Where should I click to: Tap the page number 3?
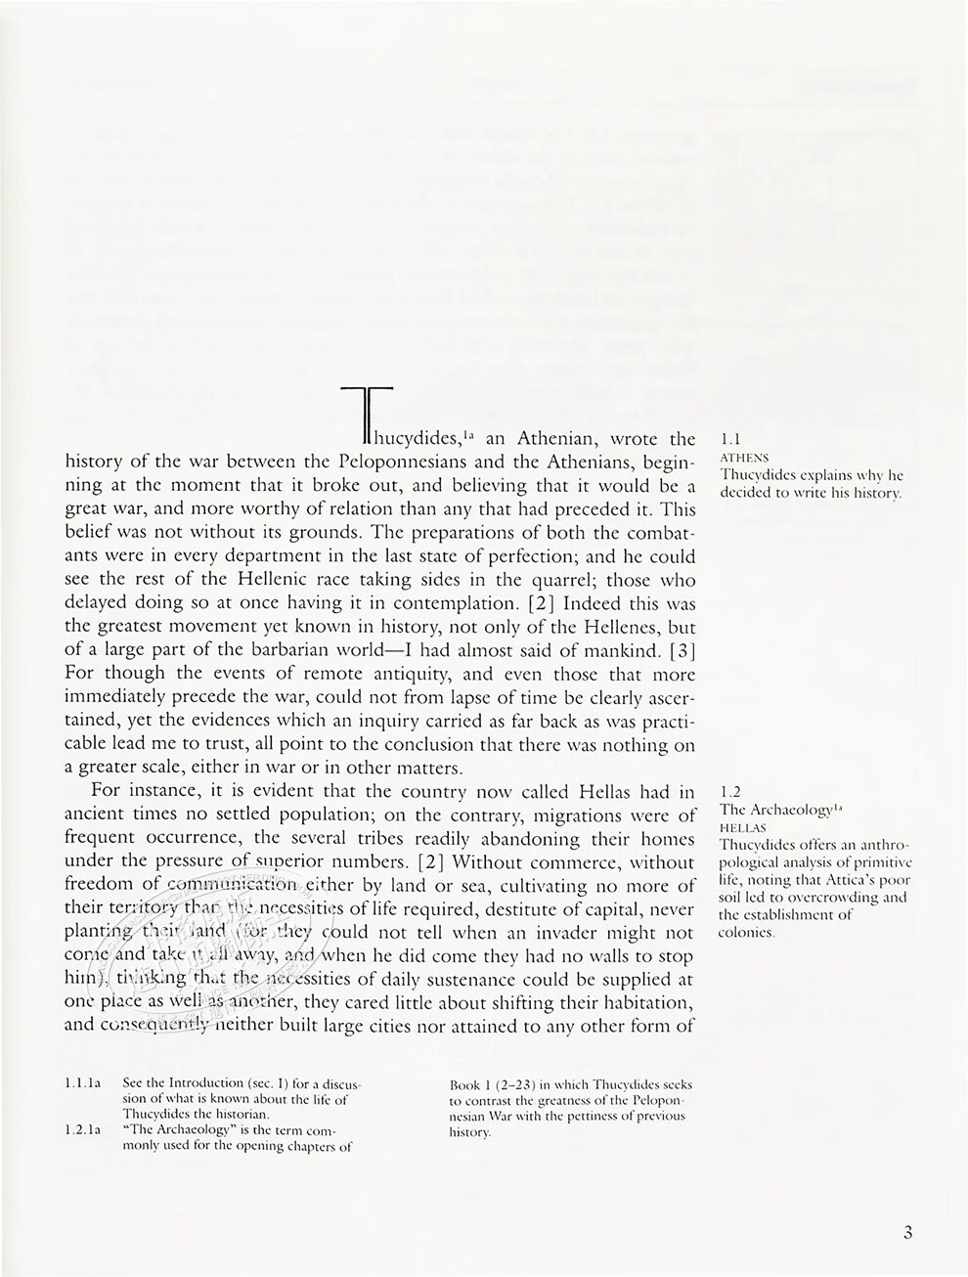tap(907, 1233)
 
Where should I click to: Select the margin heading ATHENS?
tap(743, 458)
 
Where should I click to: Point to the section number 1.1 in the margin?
tap(729, 439)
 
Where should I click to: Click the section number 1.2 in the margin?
tap(730, 791)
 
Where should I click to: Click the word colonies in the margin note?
tap(747, 932)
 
